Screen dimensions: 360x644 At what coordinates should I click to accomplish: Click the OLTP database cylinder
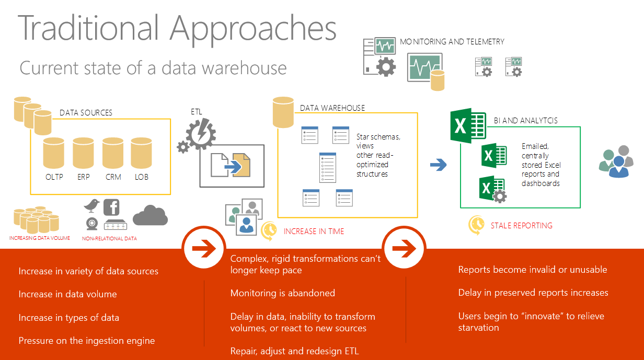[x=54, y=153]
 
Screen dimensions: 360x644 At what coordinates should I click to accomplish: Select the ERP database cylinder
[x=83, y=153]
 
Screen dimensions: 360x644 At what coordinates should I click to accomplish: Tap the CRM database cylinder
[x=113, y=153]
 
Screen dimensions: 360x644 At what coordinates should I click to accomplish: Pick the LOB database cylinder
[x=141, y=153]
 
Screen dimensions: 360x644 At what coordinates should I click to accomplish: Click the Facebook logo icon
[x=111, y=207]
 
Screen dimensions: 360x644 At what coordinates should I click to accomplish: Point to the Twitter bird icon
[x=92, y=205]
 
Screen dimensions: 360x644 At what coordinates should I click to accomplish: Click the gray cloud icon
[x=150, y=215]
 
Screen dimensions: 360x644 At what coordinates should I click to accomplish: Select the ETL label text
[x=197, y=111]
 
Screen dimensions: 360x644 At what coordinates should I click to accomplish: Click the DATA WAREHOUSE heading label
[x=332, y=108]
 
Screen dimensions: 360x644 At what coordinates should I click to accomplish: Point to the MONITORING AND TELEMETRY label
[x=452, y=41]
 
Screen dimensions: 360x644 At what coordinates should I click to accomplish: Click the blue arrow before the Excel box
[x=438, y=165]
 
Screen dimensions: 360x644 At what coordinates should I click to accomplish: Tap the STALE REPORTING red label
[x=521, y=226]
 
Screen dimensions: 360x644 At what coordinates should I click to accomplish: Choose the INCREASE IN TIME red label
[x=314, y=231]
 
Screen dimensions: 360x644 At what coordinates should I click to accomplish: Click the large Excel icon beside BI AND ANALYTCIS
[x=468, y=125]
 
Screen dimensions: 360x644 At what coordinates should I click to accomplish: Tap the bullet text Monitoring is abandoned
[x=282, y=293]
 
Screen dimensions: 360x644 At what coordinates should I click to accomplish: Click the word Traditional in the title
[x=88, y=29]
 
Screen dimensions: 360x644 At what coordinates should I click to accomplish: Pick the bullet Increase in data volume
[x=67, y=294]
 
